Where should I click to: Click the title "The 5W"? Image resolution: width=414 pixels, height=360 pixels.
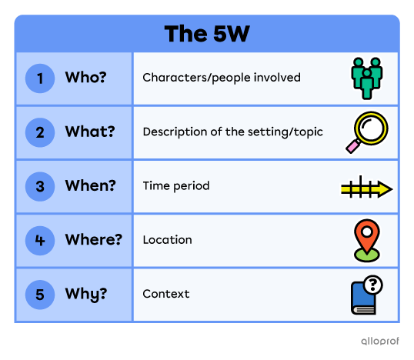click(x=206, y=35)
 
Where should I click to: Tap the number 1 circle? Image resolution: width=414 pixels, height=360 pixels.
click(x=40, y=78)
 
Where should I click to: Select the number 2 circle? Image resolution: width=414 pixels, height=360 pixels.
click(x=40, y=132)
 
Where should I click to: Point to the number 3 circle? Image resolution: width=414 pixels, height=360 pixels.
click(x=40, y=186)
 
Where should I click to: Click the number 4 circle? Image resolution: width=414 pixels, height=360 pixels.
click(x=40, y=240)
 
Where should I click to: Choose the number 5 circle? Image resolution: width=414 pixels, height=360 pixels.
click(x=40, y=294)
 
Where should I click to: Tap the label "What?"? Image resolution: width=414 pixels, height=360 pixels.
click(x=90, y=132)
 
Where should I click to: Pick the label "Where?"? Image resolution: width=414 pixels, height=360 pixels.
click(x=94, y=240)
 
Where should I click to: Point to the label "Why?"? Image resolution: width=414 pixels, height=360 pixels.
click(x=86, y=294)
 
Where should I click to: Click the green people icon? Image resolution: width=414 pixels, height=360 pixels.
click(x=366, y=78)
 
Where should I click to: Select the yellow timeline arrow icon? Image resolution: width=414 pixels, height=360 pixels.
click(x=366, y=188)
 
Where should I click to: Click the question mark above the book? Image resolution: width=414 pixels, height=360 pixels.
click(x=375, y=285)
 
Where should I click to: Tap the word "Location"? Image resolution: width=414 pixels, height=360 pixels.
click(x=167, y=240)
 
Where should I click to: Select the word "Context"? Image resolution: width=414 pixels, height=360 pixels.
click(x=165, y=294)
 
